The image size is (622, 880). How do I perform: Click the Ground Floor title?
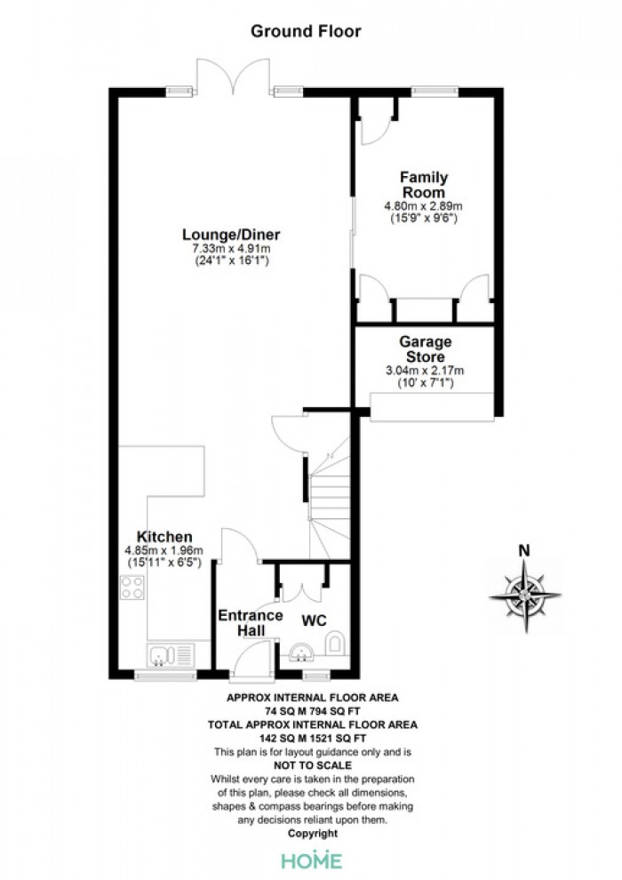(x=306, y=31)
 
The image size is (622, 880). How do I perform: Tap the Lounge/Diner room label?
(x=231, y=234)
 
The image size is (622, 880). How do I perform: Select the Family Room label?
(x=424, y=185)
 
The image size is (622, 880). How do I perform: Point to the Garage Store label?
(x=425, y=349)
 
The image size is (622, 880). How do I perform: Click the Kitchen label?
(x=164, y=537)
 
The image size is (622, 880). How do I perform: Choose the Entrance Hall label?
(x=251, y=623)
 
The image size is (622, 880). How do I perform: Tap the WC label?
(x=314, y=620)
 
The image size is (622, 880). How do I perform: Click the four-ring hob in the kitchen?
(x=132, y=588)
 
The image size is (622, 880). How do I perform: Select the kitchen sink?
(x=171, y=655)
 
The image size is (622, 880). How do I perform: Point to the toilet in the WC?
(x=335, y=643)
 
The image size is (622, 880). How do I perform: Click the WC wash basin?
(x=302, y=652)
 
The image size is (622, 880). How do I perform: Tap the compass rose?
(x=525, y=595)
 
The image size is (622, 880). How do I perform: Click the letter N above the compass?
(x=524, y=550)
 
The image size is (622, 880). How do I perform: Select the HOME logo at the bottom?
(x=311, y=860)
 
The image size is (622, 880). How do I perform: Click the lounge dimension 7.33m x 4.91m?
(x=232, y=248)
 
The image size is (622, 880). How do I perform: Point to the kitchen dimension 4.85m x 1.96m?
(x=163, y=550)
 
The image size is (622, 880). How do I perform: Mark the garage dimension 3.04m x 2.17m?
(x=425, y=371)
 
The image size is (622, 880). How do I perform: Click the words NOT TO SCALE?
(x=313, y=765)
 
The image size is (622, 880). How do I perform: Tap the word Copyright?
(x=313, y=834)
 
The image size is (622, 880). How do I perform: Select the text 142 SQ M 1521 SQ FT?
(x=313, y=738)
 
